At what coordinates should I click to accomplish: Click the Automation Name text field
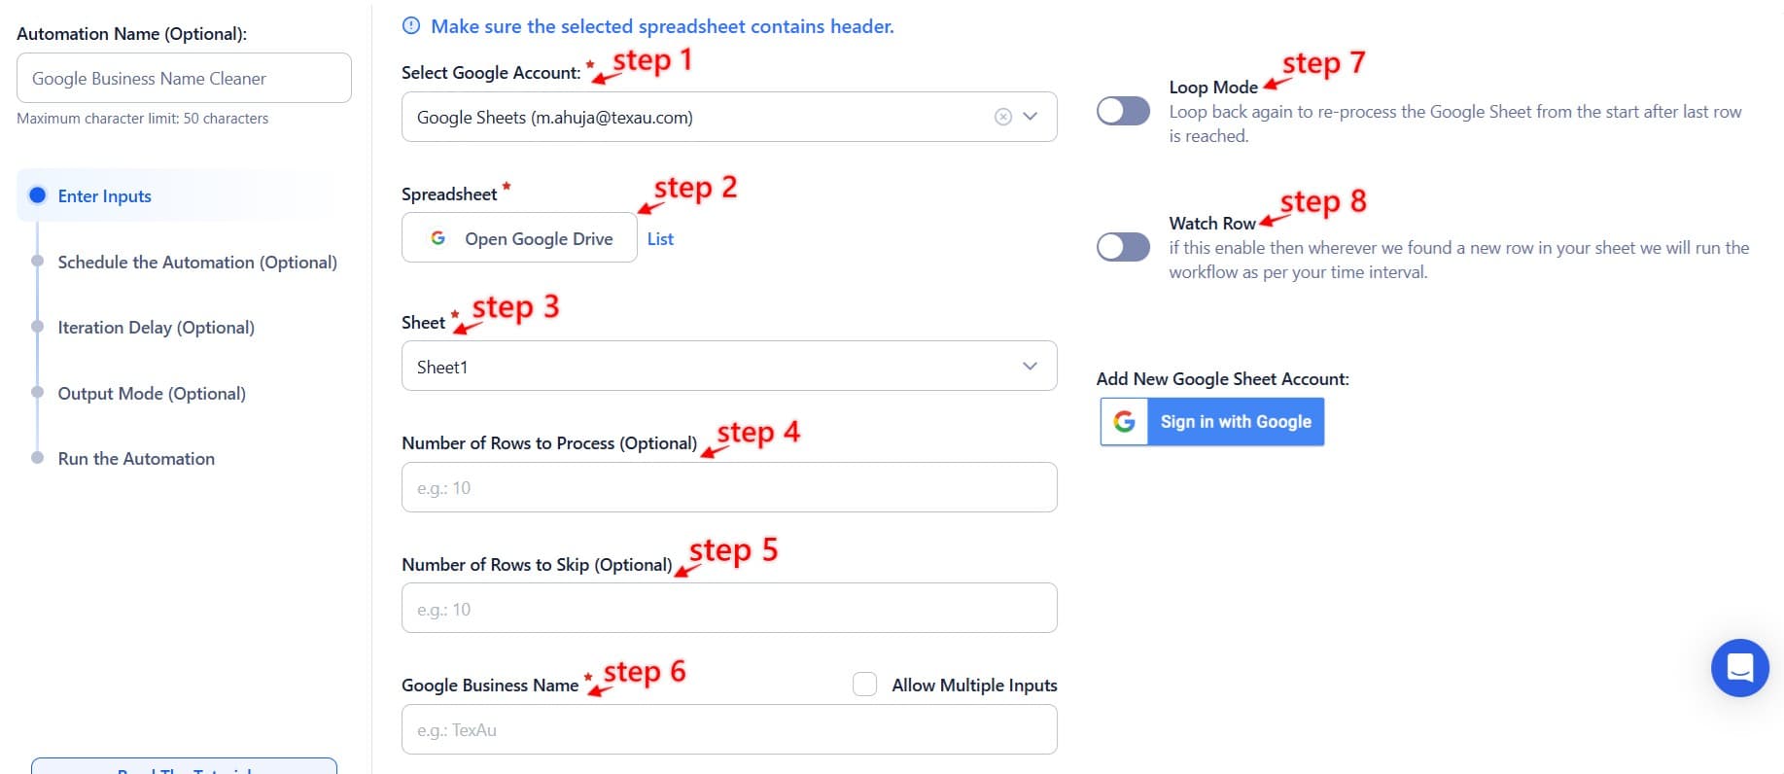[184, 78]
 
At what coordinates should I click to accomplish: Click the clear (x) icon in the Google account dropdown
[1003, 117]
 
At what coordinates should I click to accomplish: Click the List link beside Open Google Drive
[660, 239]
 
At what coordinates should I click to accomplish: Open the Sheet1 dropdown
[728, 367]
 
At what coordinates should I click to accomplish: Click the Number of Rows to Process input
[728, 487]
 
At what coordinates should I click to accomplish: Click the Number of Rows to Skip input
[728, 609]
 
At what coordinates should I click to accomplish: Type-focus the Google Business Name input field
[728, 729]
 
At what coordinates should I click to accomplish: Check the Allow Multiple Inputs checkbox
[864, 685]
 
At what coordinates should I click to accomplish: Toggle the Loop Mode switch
[1123, 111]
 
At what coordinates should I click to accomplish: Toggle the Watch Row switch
[1123, 247]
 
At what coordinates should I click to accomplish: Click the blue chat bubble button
[1739, 668]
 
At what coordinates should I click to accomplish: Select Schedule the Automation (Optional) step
[196, 263]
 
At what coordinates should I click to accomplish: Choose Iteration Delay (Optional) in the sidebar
[156, 328]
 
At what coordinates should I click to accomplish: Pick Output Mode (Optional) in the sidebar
[152, 394]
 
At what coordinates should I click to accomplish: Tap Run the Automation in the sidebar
[136, 459]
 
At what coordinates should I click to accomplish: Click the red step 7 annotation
[1323, 64]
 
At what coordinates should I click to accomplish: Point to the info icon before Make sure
[411, 26]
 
